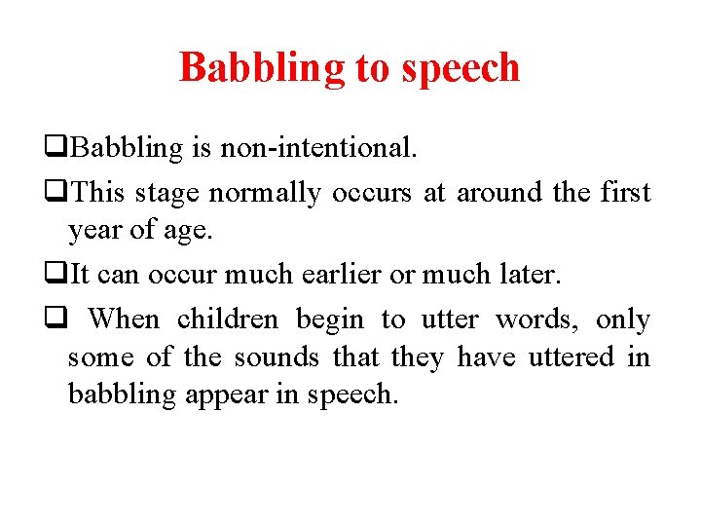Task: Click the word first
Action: click(x=625, y=193)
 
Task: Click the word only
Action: click(x=623, y=319)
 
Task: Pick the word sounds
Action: click(x=277, y=357)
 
